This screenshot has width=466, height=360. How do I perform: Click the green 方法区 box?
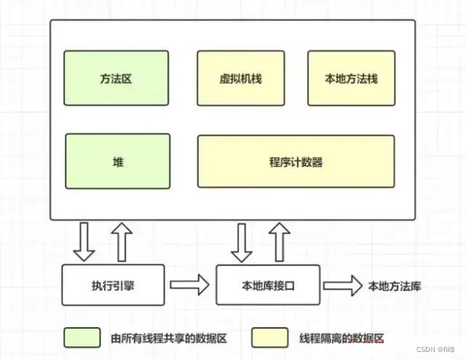coord(116,78)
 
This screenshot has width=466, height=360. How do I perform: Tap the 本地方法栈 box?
coord(351,78)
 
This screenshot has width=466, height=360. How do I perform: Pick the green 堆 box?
coord(116,161)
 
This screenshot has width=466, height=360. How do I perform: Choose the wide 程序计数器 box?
coord(296,161)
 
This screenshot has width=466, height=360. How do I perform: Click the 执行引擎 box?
coord(108,285)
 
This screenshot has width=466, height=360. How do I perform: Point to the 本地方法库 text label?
coord(395,286)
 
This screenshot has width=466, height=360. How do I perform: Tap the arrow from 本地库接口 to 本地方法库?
coord(341,285)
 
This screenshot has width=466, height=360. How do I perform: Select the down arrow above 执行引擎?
coord(85,241)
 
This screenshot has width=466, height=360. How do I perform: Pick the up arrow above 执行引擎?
coord(122,241)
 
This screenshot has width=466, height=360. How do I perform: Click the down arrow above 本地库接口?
coord(240,241)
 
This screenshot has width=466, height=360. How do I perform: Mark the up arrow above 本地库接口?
coord(277,241)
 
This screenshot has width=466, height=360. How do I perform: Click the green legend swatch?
coord(82,337)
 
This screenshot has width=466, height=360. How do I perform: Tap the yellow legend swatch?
coord(269,337)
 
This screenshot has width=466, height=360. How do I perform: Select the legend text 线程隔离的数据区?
coord(341,338)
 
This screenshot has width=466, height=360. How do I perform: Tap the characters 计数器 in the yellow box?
coord(307,161)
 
